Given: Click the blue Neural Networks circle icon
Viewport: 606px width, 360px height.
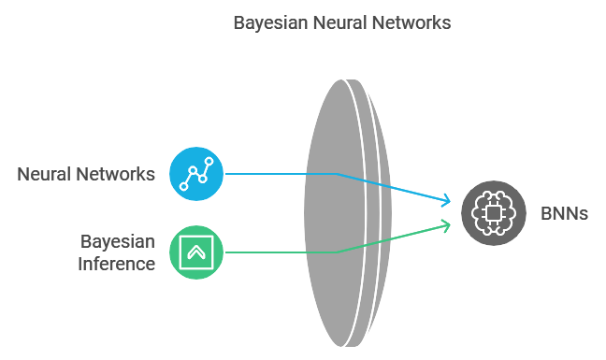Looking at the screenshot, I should [x=196, y=174].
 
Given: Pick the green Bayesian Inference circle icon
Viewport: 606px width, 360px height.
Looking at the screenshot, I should [x=196, y=252].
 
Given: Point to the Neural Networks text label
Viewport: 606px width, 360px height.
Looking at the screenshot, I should [x=86, y=174].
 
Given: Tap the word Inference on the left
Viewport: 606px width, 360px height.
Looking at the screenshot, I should [x=117, y=264].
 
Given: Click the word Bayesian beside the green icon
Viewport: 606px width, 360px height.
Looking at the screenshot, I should [x=117, y=241].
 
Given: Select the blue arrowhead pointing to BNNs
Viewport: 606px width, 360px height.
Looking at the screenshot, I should [x=446, y=200].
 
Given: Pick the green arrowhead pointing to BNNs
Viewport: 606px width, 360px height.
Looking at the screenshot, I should [x=446, y=225].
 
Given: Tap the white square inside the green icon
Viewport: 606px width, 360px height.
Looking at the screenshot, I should [x=196, y=252].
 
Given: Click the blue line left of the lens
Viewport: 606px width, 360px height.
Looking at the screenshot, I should [x=267, y=174].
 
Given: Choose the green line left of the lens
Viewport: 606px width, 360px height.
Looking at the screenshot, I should [x=267, y=252].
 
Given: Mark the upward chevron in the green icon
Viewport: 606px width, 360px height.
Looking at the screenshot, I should [x=196, y=252].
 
